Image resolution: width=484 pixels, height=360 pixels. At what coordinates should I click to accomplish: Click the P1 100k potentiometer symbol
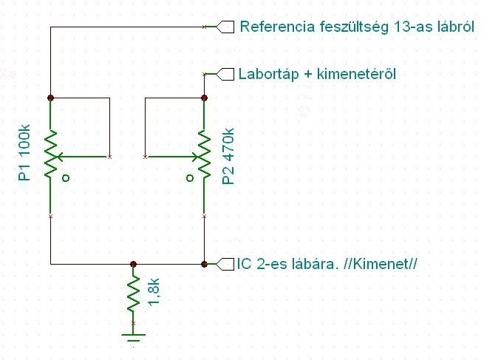50,156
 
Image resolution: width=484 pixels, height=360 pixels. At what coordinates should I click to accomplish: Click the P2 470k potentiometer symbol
204,156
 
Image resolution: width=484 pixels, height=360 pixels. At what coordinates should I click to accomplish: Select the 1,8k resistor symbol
133,293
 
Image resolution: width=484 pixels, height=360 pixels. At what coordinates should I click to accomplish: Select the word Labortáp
268,74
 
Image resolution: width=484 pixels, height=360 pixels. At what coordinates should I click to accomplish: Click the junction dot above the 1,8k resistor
133,263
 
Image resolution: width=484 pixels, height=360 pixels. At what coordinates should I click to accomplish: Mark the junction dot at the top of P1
50,98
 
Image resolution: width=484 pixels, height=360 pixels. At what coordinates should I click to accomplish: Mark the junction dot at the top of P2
204,98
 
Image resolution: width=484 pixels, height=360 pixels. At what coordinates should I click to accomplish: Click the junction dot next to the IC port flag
204,263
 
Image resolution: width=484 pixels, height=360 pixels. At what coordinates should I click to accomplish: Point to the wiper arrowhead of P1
61,157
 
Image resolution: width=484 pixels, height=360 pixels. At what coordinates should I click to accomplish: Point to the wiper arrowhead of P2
194,157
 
